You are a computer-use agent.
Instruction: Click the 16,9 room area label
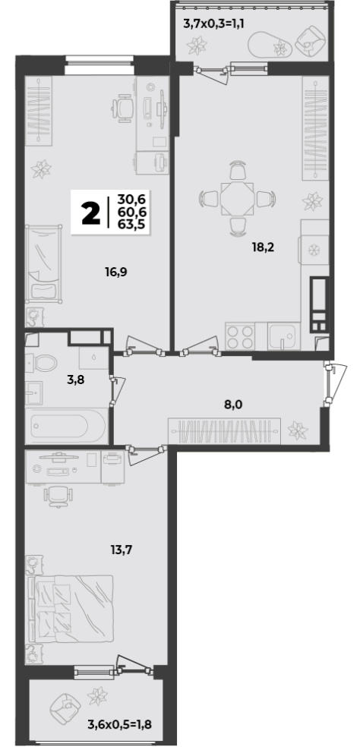(116, 273)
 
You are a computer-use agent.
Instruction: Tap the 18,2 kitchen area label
(263, 247)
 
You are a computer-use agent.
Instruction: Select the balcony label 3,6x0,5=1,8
(120, 723)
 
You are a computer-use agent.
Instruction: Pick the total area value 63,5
(135, 223)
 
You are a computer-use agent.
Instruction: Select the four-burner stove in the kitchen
(240, 336)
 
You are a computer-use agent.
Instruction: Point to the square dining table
(237, 198)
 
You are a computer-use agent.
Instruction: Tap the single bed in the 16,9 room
(43, 263)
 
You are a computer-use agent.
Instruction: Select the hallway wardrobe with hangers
(224, 431)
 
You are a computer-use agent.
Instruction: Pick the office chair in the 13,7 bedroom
(58, 496)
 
